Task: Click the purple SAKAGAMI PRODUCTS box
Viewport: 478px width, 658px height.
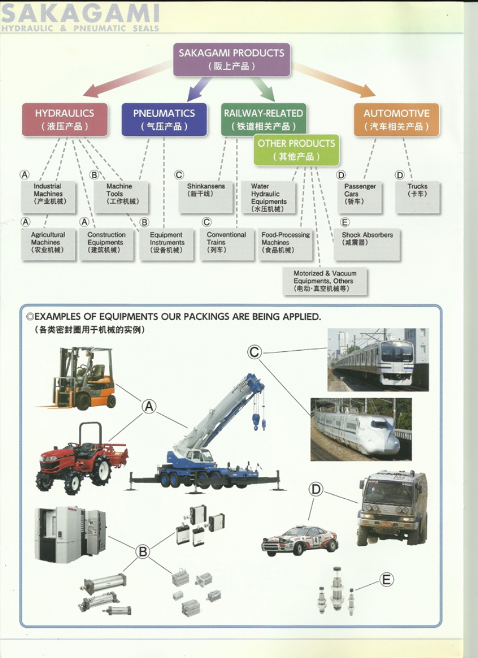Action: (231, 59)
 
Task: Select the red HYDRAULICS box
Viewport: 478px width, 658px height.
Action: (65, 119)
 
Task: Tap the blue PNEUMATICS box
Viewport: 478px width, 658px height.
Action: (164, 119)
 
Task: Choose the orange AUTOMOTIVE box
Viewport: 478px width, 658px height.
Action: (396, 119)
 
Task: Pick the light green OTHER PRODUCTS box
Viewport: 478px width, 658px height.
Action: (296, 150)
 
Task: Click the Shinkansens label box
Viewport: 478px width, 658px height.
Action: (206, 196)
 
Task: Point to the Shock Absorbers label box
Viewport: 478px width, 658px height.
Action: (367, 244)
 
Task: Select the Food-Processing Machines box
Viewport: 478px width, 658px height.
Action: (286, 244)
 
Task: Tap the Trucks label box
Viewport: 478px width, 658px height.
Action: (417, 196)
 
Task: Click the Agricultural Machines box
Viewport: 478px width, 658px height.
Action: (48, 244)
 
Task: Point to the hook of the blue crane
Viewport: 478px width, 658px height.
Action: (256, 423)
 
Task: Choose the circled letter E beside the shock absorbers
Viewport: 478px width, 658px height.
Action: (387, 580)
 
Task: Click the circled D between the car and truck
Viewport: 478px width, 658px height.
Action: (316, 489)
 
